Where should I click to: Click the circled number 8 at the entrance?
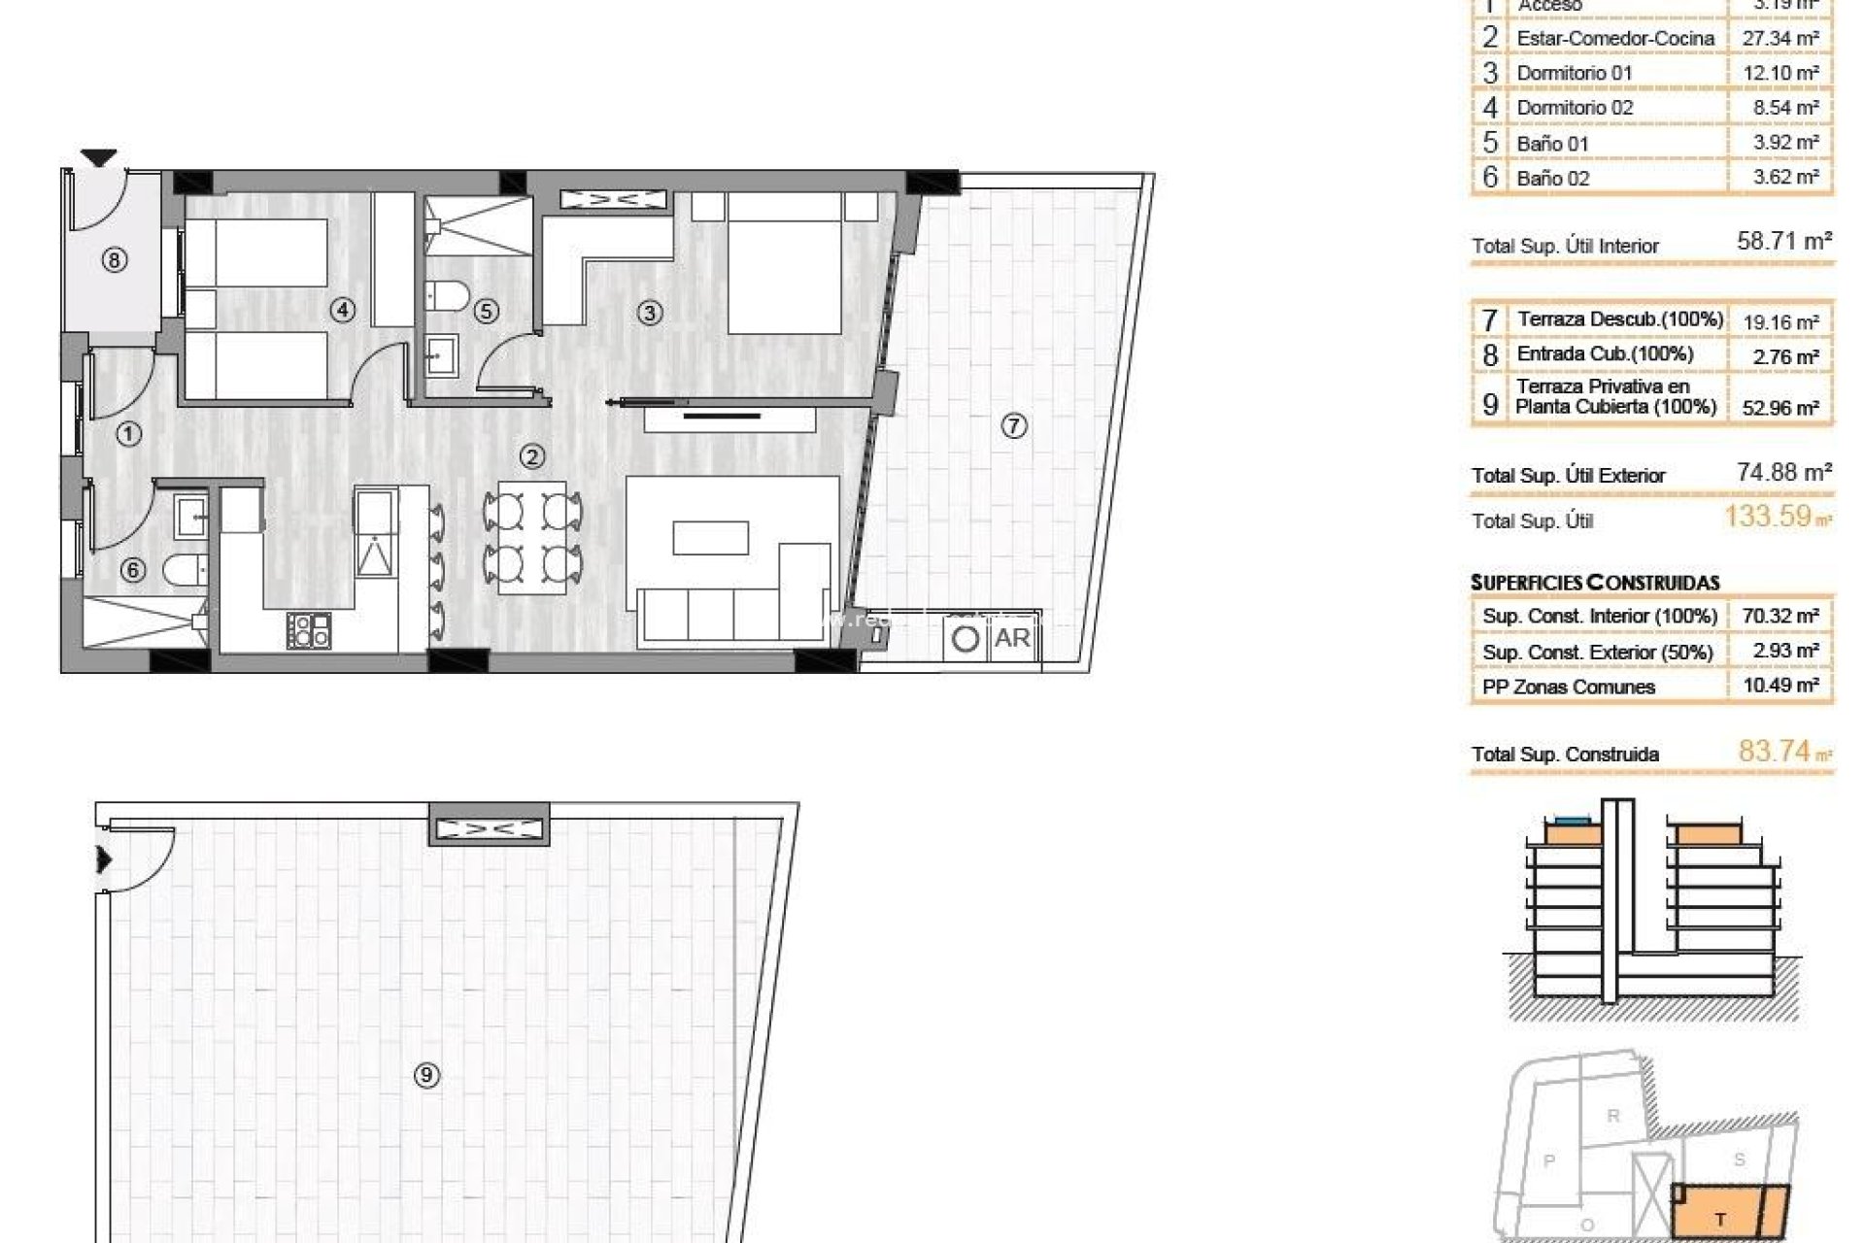115,260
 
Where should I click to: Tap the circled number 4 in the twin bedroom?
342,310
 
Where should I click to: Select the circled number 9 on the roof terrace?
426,1075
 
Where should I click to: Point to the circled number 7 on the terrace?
1014,425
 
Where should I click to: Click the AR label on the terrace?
1012,638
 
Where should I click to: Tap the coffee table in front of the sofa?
711,538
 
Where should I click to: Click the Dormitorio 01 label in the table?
1575,73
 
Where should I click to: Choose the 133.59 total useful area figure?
1768,516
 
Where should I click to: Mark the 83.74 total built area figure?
1775,751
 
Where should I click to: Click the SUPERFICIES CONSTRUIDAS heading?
1595,583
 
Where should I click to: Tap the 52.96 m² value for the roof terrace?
1780,408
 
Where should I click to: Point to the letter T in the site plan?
1720,1220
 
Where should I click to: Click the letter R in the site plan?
1613,1116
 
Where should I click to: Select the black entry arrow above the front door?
98,157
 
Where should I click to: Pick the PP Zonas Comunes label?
1569,687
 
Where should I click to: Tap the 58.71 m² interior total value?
1784,241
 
